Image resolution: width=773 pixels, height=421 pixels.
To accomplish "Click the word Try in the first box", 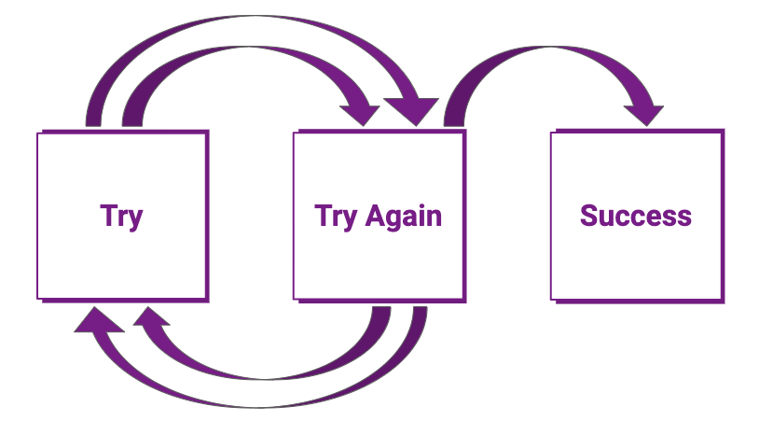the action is tap(121, 217).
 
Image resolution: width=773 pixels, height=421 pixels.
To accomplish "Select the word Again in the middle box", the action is tap(403, 217).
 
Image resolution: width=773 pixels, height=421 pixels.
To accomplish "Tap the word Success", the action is tap(636, 216).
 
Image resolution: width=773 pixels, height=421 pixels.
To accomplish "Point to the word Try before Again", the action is tap(336, 217).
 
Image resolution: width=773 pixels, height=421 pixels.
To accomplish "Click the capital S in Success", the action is tap(588, 216).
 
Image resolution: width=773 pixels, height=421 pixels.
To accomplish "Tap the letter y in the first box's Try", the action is tap(134, 220).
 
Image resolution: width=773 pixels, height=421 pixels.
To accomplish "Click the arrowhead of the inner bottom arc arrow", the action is tap(150, 316).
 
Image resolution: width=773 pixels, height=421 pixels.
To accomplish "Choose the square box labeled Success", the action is tap(638, 217).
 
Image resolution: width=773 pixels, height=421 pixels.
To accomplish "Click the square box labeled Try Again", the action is tap(380, 217).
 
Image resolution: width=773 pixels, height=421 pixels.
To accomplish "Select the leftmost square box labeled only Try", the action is tap(123, 217).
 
